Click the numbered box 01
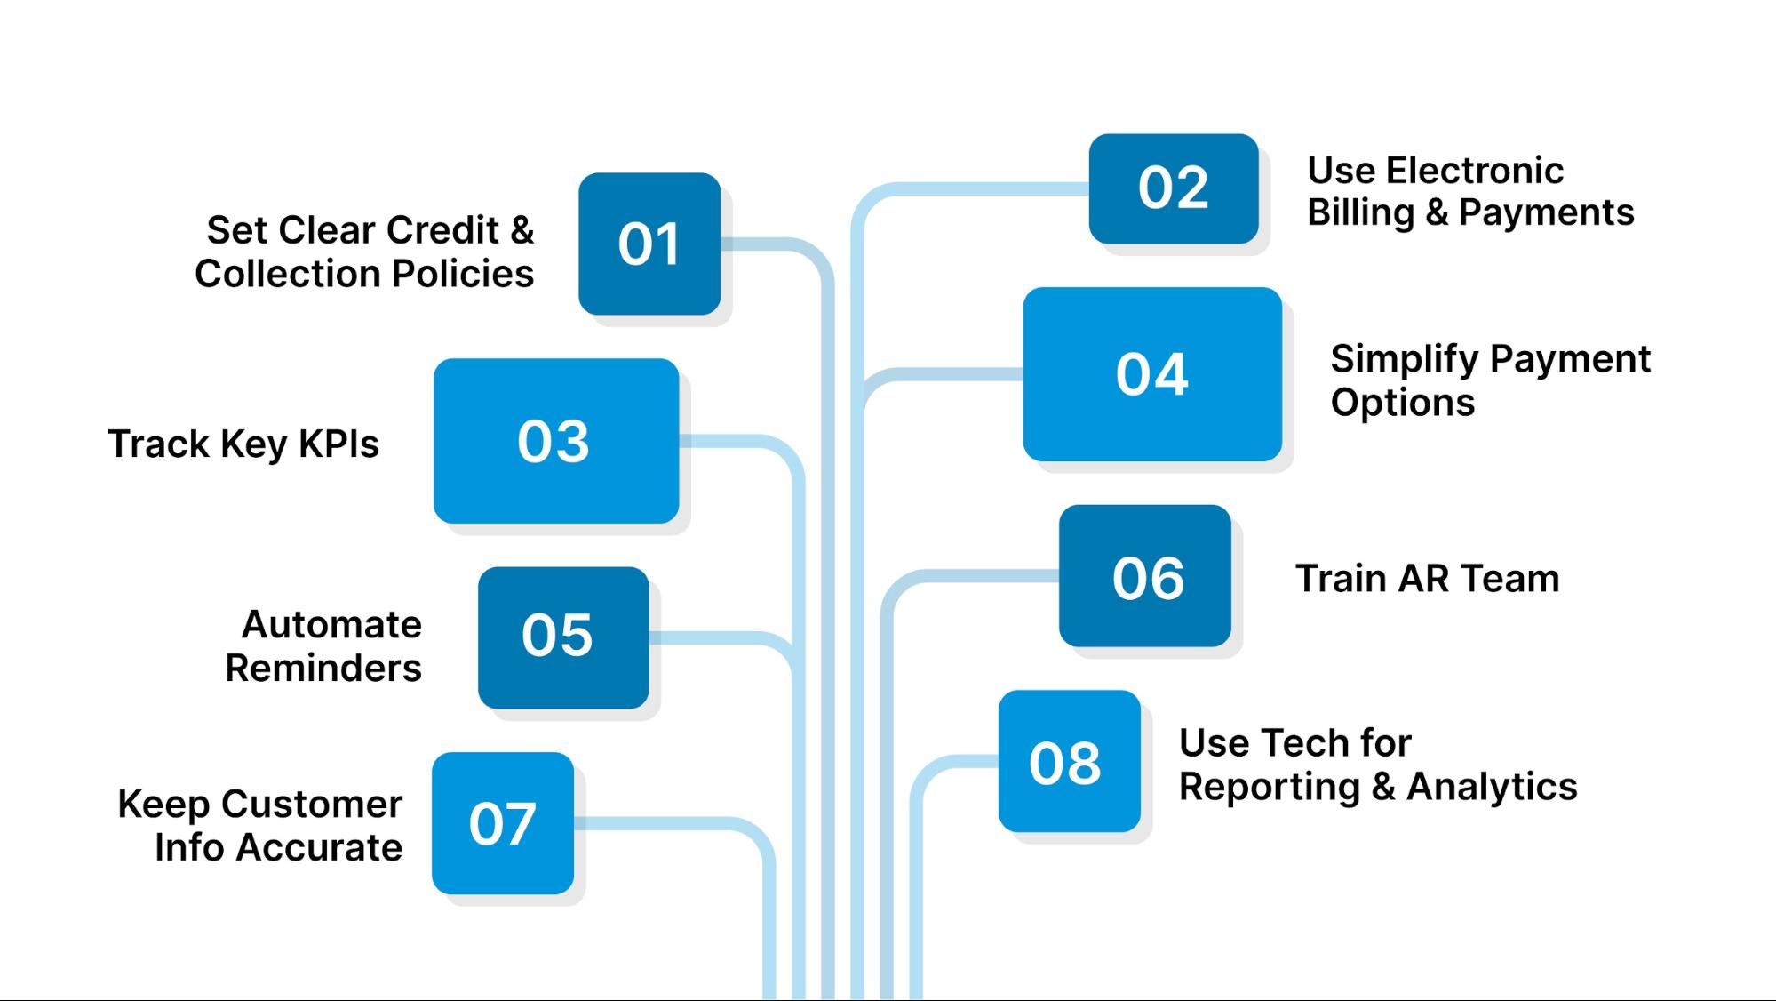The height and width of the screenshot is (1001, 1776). point(649,244)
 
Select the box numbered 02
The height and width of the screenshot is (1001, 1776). point(1174,188)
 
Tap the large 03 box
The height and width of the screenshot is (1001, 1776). point(556,441)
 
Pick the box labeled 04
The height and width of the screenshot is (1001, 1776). point(1152,374)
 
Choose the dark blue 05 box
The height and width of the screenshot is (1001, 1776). point(563,637)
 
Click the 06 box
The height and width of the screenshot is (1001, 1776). point(1145,576)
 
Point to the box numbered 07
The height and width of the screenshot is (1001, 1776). point(503,823)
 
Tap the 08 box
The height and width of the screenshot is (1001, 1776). point(1070,761)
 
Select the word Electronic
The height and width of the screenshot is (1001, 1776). point(1475,171)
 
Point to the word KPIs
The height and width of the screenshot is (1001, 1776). point(338,444)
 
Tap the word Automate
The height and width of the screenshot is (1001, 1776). point(331,624)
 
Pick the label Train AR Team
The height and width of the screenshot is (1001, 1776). point(1427,578)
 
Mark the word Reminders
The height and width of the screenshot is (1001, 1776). point(323,668)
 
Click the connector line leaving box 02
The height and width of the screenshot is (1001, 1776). point(977,189)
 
